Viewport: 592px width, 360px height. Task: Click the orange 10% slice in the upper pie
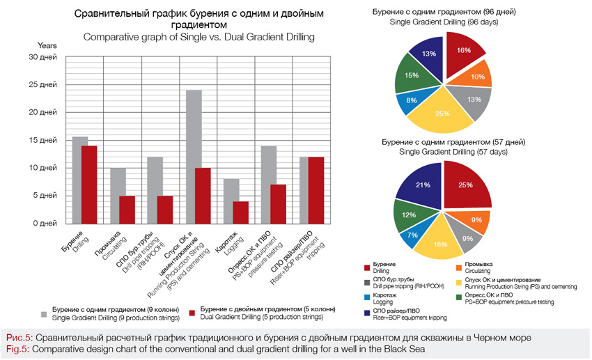click(476, 75)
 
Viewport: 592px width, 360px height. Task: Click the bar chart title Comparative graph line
click(198, 36)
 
